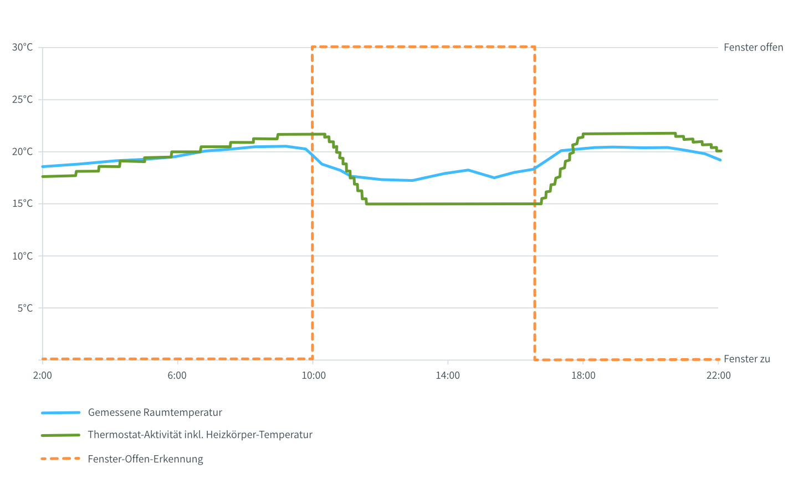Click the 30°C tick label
(22, 48)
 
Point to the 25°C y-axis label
(22, 100)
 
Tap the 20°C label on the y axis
(22, 152)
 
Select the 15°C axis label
(22, 203)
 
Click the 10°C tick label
(22, 256)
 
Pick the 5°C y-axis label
(24, 308)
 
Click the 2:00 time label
(43, 375)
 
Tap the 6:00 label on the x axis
(177, 375)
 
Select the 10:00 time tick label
(314, 375)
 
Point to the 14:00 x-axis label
(448, 375)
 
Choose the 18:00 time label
(584, 375)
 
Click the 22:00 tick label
(719, 375)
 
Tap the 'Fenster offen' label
(753, 48)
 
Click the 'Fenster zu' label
(746, 359)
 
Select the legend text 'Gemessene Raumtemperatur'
(155, 413)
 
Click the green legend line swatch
(60, 435)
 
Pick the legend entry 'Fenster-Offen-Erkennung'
(145, 459)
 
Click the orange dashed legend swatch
(60, 459)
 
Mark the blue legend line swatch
(60, 413)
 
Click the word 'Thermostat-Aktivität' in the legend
(131, 435)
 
